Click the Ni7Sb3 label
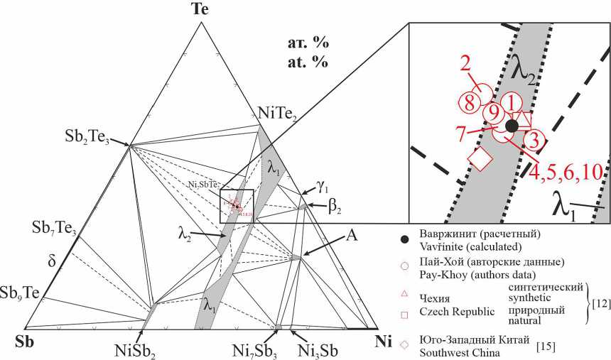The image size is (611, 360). coord(255,349)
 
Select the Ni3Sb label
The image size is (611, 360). coord(318,349)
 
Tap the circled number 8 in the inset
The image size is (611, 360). coord(467,102)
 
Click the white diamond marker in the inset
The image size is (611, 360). coord(480,158)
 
